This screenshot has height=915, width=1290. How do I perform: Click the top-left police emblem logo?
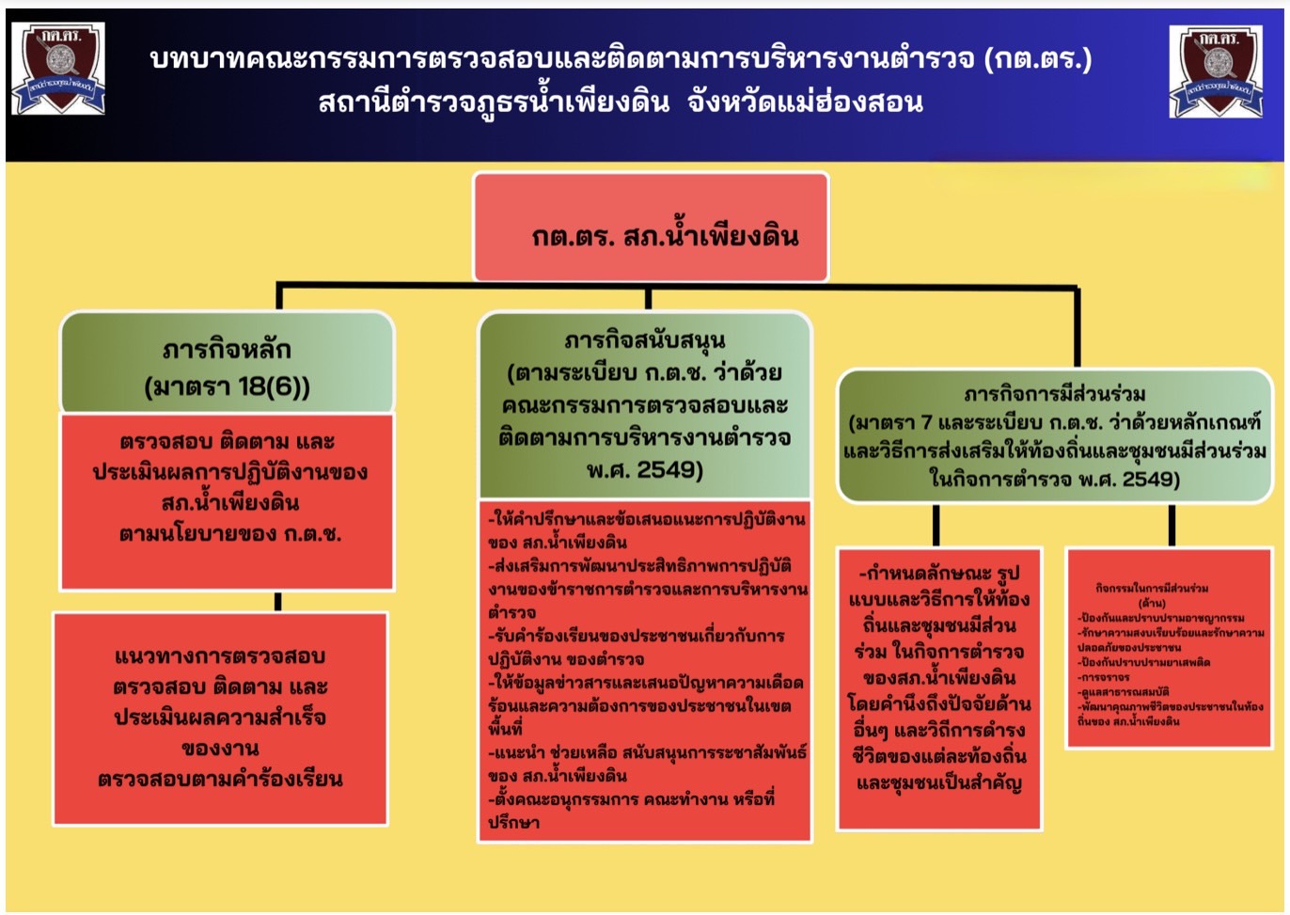pyautogui.click(x=57, y=69)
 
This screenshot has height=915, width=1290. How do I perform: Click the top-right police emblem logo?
pyautogui.click(x=1217, y=71)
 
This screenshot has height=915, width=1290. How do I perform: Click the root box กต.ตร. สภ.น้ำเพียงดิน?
pyautogui.click(x=651, y=228)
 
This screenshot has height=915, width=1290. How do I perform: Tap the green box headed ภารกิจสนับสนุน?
pyautogui.click(x=645, y=405)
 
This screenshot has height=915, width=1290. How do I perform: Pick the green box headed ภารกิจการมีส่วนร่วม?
pyautogui.click(x=1054, y=435)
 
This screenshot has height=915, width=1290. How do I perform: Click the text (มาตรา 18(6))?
pyautogui.click(x=227, y=387)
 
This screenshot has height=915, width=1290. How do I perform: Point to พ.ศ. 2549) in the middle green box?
pyautogui.click(x=645, y=469)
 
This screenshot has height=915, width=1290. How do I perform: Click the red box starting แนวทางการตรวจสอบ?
pyautogui.click(x=220, y=718)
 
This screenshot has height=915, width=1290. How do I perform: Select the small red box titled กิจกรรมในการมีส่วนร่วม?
pyautogui.click(x=1170, y=648)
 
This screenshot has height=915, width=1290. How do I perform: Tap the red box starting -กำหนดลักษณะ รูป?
pyautogui.click(x=939, y=688)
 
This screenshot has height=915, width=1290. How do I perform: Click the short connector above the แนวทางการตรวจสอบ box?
pyautogui.click(x=278, y=602)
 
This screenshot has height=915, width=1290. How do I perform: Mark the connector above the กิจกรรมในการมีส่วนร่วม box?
pyautogui.click(x=1172, y=526)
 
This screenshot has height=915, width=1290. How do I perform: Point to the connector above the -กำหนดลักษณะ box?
pyautogui.click(x=936, y=526)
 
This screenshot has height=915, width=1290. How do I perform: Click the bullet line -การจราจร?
pyautogui.click(x=1105, y=677)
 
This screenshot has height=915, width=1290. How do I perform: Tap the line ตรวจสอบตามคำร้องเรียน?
pyautogui.click(x=220, y=779)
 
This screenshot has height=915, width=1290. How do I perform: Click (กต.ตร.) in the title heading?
pyautogui.click(x=1038, y=59)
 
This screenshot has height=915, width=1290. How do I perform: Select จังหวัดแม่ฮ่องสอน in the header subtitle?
pyautogui.click(x=805, y=102)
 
